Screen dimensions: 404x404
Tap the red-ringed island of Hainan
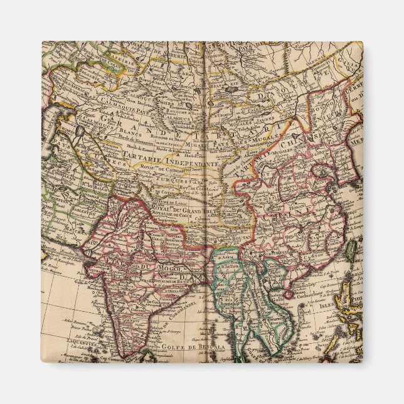click(x=289, y=293)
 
